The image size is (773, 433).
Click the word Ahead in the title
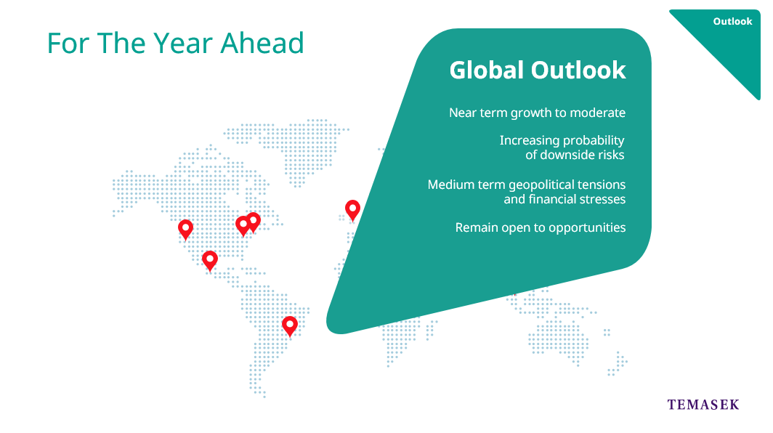tap(262, 43)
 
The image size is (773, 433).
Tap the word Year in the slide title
tap(184, 43)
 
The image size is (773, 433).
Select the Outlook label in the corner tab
tap(732, 21)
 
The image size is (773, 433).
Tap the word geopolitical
tap(541, 185)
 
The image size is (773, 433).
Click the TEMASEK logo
tap(703, 405)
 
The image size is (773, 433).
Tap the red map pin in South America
tap(290, 326)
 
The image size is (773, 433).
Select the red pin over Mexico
tap(210, 261)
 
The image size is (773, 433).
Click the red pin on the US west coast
tap(185, 230)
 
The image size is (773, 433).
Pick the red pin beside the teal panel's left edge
tap(352, 210)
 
